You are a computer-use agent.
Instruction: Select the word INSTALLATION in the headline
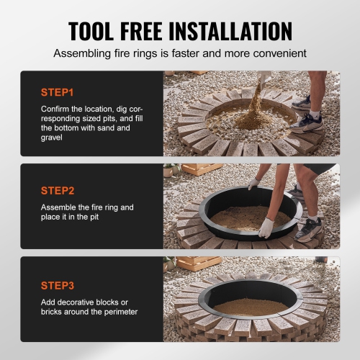coord(233,31)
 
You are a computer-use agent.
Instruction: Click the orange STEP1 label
coord(58,93)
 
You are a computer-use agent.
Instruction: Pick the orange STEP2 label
coord(58,191)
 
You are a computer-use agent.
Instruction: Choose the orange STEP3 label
coord(58,284)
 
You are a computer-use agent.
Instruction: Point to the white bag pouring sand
coord(264,76)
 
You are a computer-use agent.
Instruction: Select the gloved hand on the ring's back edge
coord(253,184)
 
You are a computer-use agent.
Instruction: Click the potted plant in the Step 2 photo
coord(169,171)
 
